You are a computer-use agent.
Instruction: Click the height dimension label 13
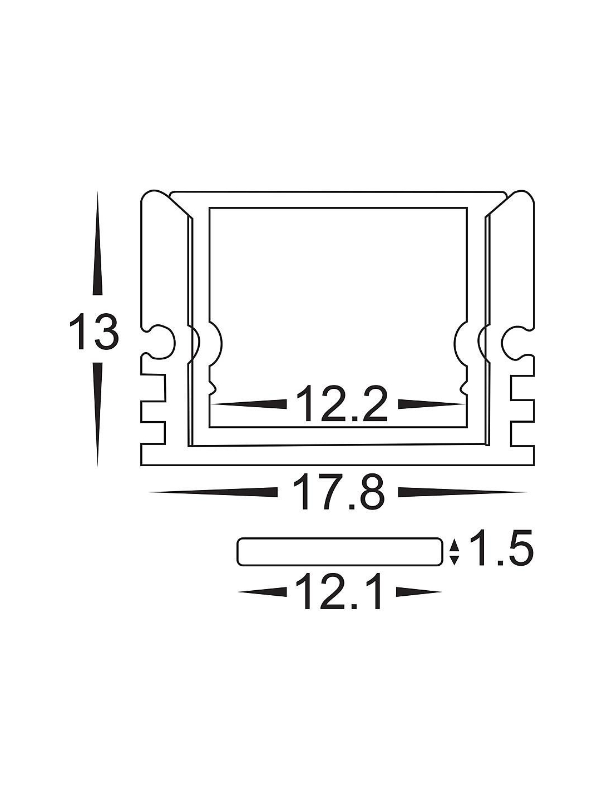coord(94,332)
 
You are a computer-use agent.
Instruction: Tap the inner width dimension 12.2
coord(342,404)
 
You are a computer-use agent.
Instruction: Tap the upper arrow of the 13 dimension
coord(97,243)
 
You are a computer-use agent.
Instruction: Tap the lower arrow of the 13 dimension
coord(97,414)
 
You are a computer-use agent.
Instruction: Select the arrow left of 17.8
coord(213,492)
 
